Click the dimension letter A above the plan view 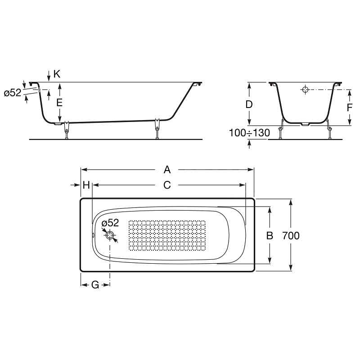pos(167,170)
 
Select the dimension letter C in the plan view pos(167,185)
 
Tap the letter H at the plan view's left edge pos(86,185)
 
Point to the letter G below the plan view pos(95,285)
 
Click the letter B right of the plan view pos(270,235)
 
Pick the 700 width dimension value pos(291,235)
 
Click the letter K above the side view pos(57,74)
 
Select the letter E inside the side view pos(59,103)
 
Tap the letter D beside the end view pos(249,104)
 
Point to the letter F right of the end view pos(350,108)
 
